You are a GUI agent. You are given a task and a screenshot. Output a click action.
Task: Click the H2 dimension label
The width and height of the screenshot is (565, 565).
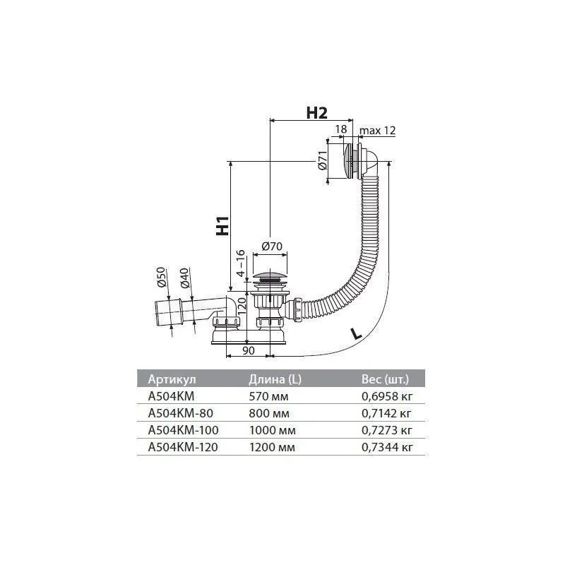pos(316,113)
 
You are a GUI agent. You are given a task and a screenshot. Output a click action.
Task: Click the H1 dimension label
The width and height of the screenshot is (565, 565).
pos(222,225)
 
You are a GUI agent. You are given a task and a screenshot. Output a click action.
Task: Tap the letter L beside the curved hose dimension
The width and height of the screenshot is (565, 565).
pos(356,333)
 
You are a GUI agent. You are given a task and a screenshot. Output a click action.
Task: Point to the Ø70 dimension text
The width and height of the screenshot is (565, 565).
pos(272,246)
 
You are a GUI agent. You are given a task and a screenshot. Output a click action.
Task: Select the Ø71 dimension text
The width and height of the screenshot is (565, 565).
pos(323,160)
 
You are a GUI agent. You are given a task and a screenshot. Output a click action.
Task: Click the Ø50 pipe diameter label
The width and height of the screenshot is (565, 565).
pos(161,277)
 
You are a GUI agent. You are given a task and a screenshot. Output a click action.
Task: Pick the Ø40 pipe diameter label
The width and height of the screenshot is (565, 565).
pos(184,278)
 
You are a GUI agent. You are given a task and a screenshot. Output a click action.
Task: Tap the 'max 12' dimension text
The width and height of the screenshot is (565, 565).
pos(377,130)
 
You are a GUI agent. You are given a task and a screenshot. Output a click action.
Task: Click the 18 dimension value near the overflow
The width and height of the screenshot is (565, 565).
pos(341,129)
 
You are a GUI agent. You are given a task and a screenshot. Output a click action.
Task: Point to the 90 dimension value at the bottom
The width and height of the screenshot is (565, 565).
pos(249,350)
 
